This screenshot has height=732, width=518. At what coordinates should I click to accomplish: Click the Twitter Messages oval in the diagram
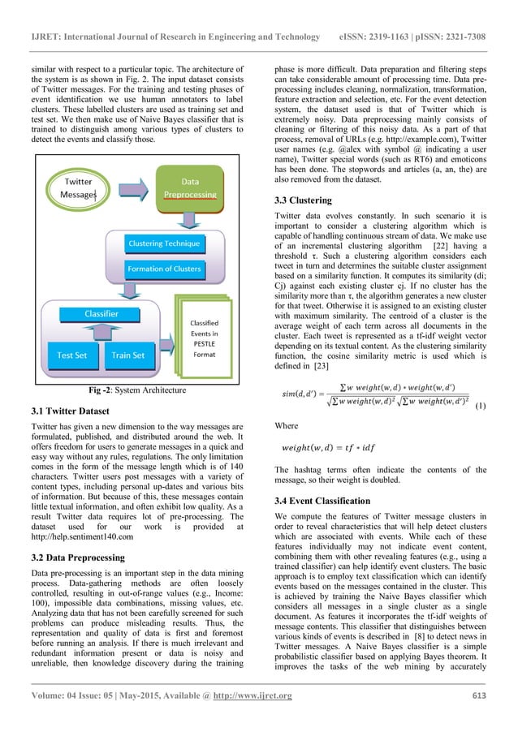(80, 189)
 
